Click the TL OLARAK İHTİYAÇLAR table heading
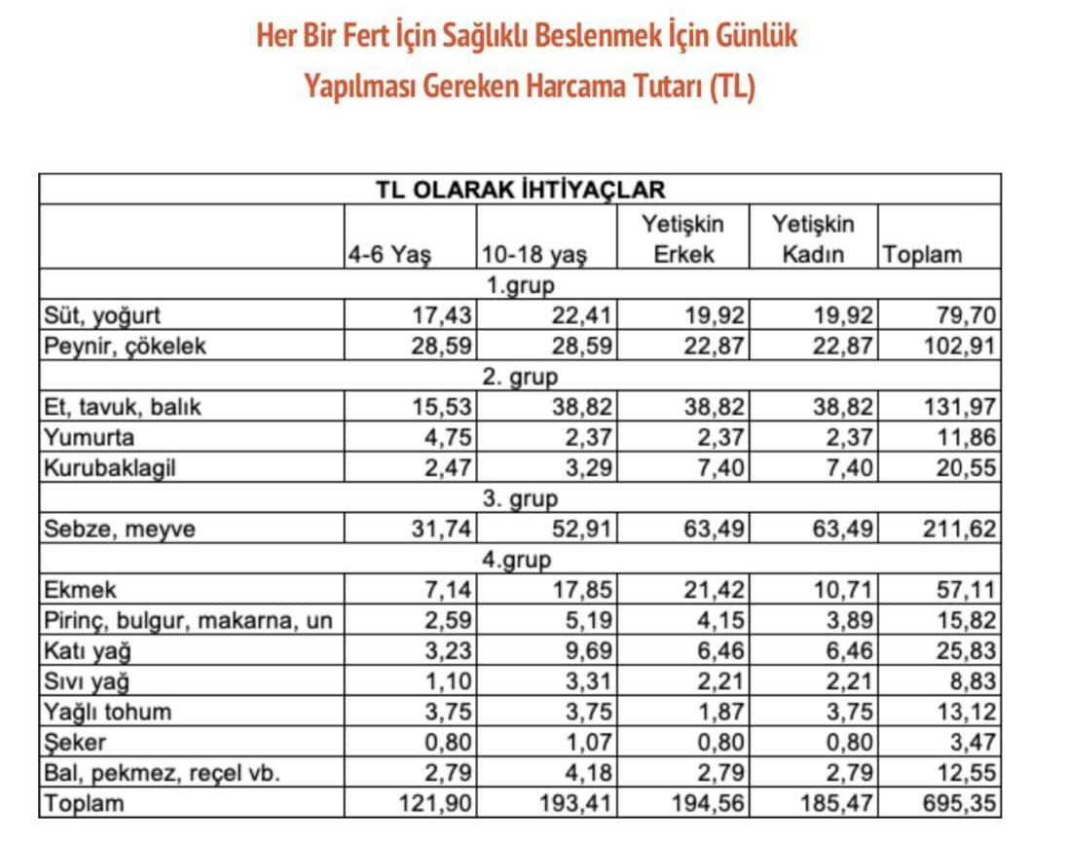[x=520, y=189]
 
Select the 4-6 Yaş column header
[x=390, y=255]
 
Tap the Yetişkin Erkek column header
[x=682, y=239]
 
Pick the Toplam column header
[x=921, y=255]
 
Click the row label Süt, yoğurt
[x=101, y=315]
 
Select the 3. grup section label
[x=520, y=498]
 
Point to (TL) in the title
[x=732, y=87]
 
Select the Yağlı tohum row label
[x=107, y=713]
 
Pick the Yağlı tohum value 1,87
[x=718, y=713]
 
